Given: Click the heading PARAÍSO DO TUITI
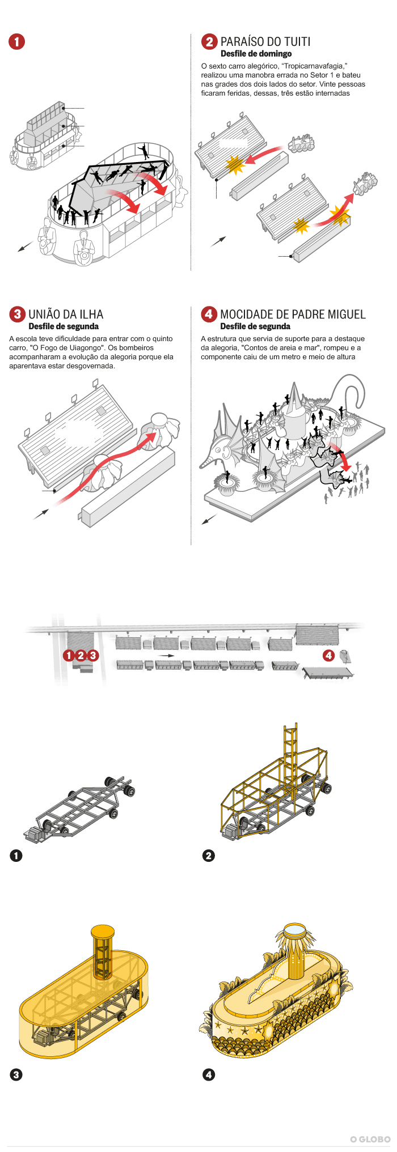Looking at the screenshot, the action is click(x=265, y=41).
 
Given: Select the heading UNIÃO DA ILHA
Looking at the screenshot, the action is click(x=66, y=314).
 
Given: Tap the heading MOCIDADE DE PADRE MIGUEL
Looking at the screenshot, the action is click(x=293, y=314).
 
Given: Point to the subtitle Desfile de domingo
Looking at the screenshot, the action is click(x=256, y=54).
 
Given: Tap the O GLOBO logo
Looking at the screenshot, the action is click(x=370, y=1139).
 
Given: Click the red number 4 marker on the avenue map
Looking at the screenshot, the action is click(x=328, y=656).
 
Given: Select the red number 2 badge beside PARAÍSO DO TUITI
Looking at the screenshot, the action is click(x=210, y=41).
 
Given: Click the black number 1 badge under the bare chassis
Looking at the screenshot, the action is click(x=16, y=855).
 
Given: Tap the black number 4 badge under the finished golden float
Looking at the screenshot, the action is click(x=209, y=1074).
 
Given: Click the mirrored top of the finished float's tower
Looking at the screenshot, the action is click(x=294, y=929).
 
